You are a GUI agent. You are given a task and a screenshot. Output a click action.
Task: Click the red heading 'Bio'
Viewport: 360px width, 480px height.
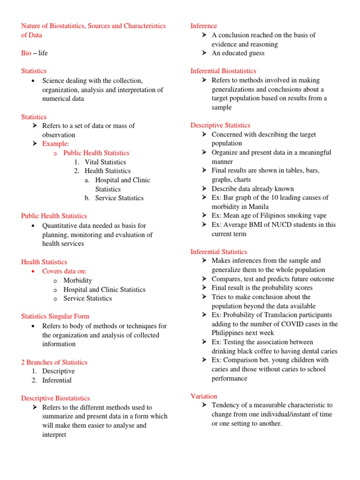pyautogui.click(x=26, y=53)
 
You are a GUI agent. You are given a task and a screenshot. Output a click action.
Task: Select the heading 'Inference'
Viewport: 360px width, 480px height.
pyautogui.click(x=204, y=26)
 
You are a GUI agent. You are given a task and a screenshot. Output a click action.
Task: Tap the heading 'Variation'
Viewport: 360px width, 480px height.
pyautogui.click(x=204, y=396)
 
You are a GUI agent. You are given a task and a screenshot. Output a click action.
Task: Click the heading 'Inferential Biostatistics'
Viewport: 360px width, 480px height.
pyautogui.click(x=223, y=71)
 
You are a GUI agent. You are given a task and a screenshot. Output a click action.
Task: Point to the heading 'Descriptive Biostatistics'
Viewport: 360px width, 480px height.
pyautogui.click(x=55, y=398)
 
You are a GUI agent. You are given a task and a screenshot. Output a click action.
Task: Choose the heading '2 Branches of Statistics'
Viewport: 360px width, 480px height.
pyautogui.click(x=54, y=362)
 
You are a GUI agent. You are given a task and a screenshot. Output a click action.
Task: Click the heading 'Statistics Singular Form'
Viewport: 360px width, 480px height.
pyautogui.click(x=55, y=316)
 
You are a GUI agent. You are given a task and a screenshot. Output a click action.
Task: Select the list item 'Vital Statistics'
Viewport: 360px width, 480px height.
pyautogui.click(x=105, y=162)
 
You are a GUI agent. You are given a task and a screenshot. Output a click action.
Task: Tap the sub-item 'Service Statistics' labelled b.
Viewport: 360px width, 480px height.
pyautogui.click(x=119, y=198)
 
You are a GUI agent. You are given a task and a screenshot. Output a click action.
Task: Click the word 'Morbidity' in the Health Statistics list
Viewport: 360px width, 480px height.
pyautogui.click(x=78, y=280)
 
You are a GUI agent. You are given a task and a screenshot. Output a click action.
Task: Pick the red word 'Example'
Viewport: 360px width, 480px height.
pyautogui.click(x=55, y=143)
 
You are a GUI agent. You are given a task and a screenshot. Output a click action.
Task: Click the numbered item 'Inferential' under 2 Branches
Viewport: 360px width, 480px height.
pyautogui.click(x=57, y=380)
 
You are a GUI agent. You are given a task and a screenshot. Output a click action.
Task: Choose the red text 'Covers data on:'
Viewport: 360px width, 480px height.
pyautogui.click(x=64, y=271)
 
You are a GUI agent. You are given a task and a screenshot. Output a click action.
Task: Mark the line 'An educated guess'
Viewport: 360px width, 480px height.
pyautogui.click(x=238, y=53)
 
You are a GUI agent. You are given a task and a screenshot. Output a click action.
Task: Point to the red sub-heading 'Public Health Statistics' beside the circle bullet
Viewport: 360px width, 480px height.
pyautogui.click(x=96, y=153)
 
